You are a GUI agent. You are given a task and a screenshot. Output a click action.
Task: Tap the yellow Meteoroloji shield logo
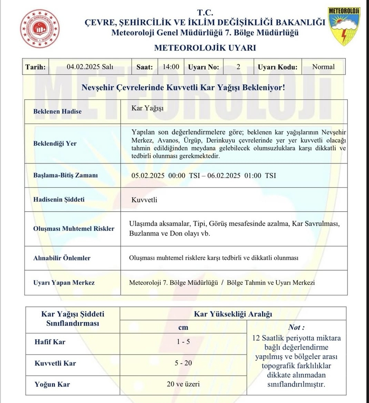(344, 26)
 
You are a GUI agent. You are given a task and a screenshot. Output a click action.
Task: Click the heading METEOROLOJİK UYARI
(205, 48)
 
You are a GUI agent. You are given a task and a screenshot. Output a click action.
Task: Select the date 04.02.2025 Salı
(90, 67)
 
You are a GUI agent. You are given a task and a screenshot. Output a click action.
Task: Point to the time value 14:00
(171, 67)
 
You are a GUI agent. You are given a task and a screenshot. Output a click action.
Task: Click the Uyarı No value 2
(238, 67)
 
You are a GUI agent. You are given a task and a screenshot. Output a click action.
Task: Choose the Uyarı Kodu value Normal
(323, 67)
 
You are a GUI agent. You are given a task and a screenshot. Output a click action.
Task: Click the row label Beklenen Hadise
(57, 111)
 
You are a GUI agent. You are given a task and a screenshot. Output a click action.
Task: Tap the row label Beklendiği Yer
(55, 143)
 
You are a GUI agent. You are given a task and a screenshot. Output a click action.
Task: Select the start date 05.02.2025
(148, 175)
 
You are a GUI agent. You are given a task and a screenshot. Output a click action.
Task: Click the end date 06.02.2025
(224, 175)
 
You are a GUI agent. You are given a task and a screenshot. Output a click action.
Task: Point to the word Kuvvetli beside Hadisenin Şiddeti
(144, 200)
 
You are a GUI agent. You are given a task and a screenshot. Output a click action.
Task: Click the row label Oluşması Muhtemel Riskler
(74, 229)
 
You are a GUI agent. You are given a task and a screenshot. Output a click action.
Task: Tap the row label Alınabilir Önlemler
(62, 258)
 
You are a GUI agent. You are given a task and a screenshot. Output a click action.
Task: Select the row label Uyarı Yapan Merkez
(64, 283)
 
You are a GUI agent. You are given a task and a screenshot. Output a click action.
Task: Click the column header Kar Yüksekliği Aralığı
(233, 314)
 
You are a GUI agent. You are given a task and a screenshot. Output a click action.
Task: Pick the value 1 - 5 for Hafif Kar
(183, 342)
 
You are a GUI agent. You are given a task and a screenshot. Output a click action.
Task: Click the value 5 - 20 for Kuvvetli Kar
(183, 363)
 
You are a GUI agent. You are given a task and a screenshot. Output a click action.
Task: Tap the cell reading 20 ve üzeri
(183, 384)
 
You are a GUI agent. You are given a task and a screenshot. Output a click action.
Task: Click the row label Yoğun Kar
(52, 384)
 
